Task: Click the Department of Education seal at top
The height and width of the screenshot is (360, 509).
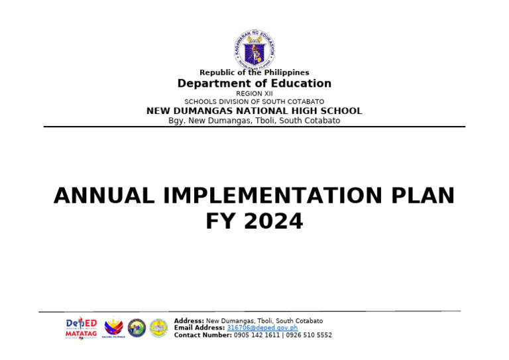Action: tap(254, 49)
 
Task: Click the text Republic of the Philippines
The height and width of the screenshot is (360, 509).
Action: tap(254, 72)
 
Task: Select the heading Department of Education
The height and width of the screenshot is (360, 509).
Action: tap(254, 84)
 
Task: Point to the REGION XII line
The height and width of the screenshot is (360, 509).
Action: tap(254, 93)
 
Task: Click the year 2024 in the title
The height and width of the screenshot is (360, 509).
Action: tap(273, 221)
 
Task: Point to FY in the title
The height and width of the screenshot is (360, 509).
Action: tap(221, 221)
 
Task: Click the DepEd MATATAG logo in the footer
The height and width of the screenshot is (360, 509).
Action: tap(81, 328)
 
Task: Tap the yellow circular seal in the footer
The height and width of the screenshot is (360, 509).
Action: tap(158, 328)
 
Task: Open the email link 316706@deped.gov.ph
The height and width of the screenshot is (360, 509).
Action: tap(262, 328)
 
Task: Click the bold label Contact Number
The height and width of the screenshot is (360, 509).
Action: tap(203, 335)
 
